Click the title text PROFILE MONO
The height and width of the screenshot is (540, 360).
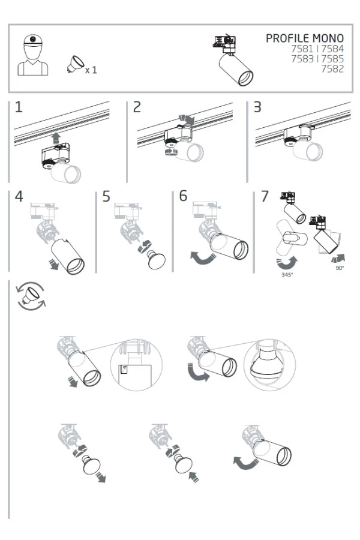click(x=305, y=38)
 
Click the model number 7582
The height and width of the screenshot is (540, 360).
click(x=332, y=69)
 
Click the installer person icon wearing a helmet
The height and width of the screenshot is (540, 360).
click(x=32, y=56)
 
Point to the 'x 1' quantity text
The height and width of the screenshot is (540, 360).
click(x=91, y=70)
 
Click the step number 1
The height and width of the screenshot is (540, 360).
click(x=19, y=107)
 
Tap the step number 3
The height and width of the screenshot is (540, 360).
click(x=257, y=107)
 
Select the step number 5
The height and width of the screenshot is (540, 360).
click(x=106, y=196)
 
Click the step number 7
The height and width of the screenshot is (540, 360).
click(x=265, y=196)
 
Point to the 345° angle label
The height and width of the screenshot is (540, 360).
click(x=287, y=274)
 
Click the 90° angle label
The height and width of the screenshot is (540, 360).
click(x=340, y=268)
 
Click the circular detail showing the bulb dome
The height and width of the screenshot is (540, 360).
click(x=270, y=364)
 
